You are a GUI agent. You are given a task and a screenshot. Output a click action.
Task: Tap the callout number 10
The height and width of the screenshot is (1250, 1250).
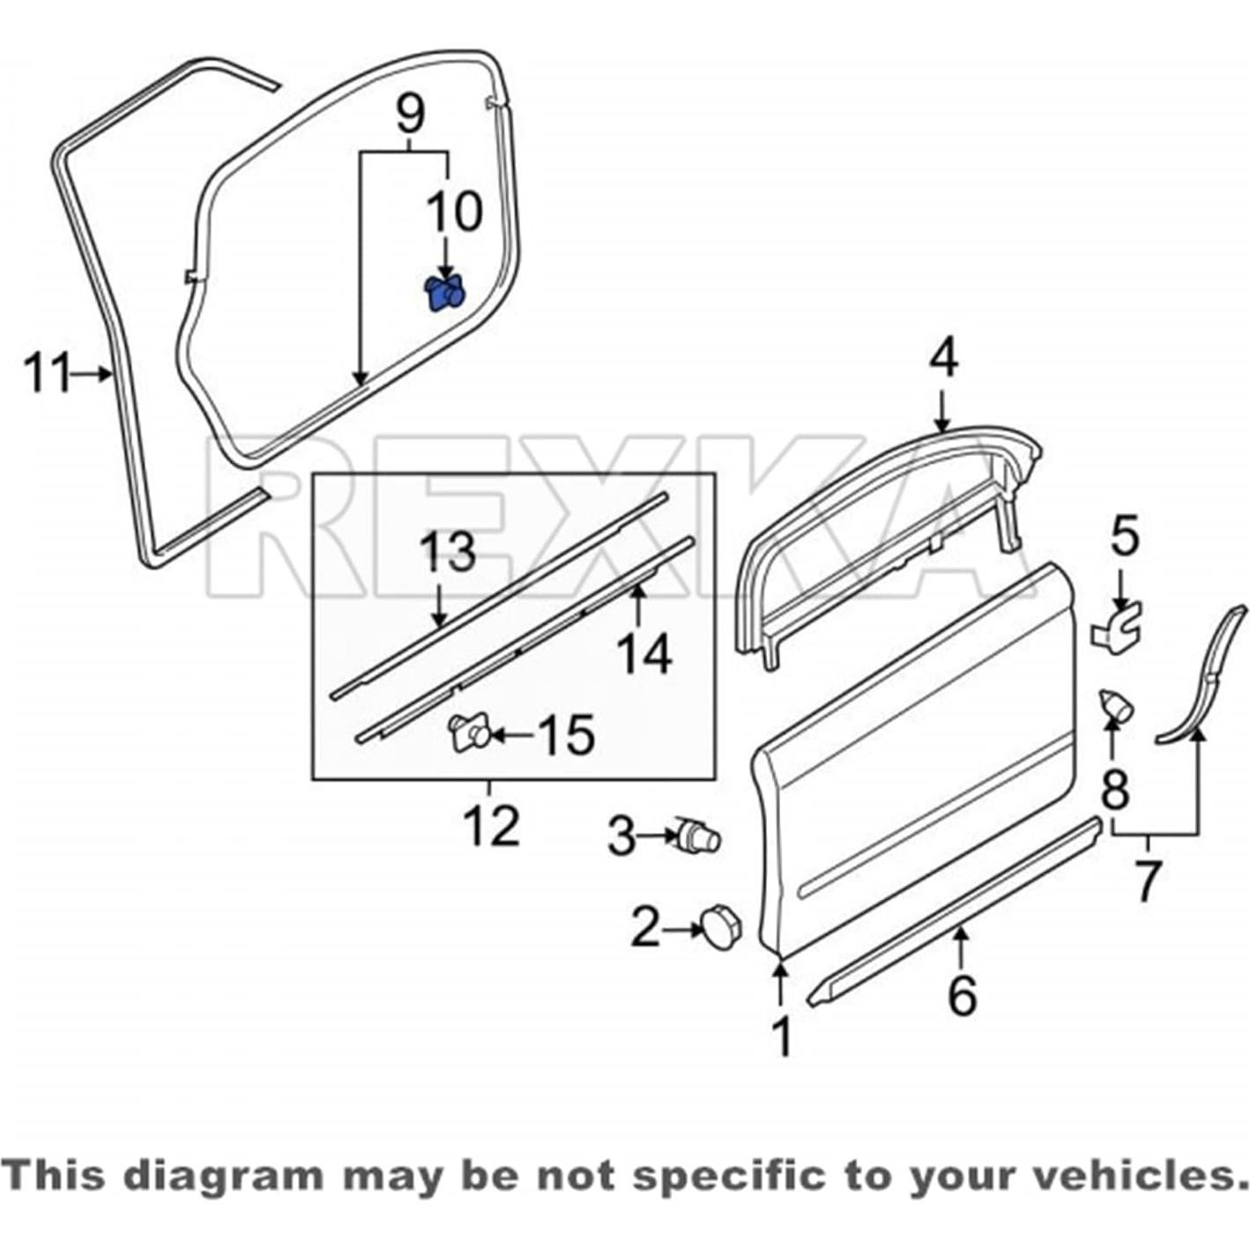tap(455, 212)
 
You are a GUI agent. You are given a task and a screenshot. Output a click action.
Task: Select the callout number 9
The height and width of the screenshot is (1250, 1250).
tap(410, 114)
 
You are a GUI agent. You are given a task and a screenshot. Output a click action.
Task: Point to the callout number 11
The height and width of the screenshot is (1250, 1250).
tap(46, 374)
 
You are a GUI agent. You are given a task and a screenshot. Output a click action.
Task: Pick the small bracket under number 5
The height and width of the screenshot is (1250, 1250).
tap(1117, 626)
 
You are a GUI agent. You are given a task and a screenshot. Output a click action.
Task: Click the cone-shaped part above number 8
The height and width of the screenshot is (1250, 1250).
tap(1115, 706)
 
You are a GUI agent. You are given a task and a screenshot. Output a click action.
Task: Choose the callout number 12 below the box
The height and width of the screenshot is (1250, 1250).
tap(491, 827)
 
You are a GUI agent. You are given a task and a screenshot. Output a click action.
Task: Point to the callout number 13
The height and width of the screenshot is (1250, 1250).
tap(448, 553)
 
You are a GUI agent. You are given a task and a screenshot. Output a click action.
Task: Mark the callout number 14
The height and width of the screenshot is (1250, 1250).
tap(644, 654)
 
